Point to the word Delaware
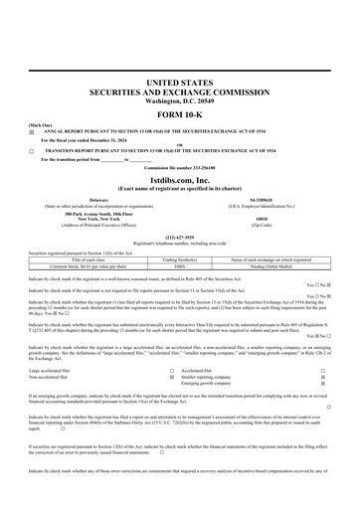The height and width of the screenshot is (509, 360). coord(91,199)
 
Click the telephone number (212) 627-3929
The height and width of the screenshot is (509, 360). coord(180,238)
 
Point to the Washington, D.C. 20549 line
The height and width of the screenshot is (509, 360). coord(180,101)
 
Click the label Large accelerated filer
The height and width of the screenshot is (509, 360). coord(55,369)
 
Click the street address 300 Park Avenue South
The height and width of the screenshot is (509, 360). coord(91,214)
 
